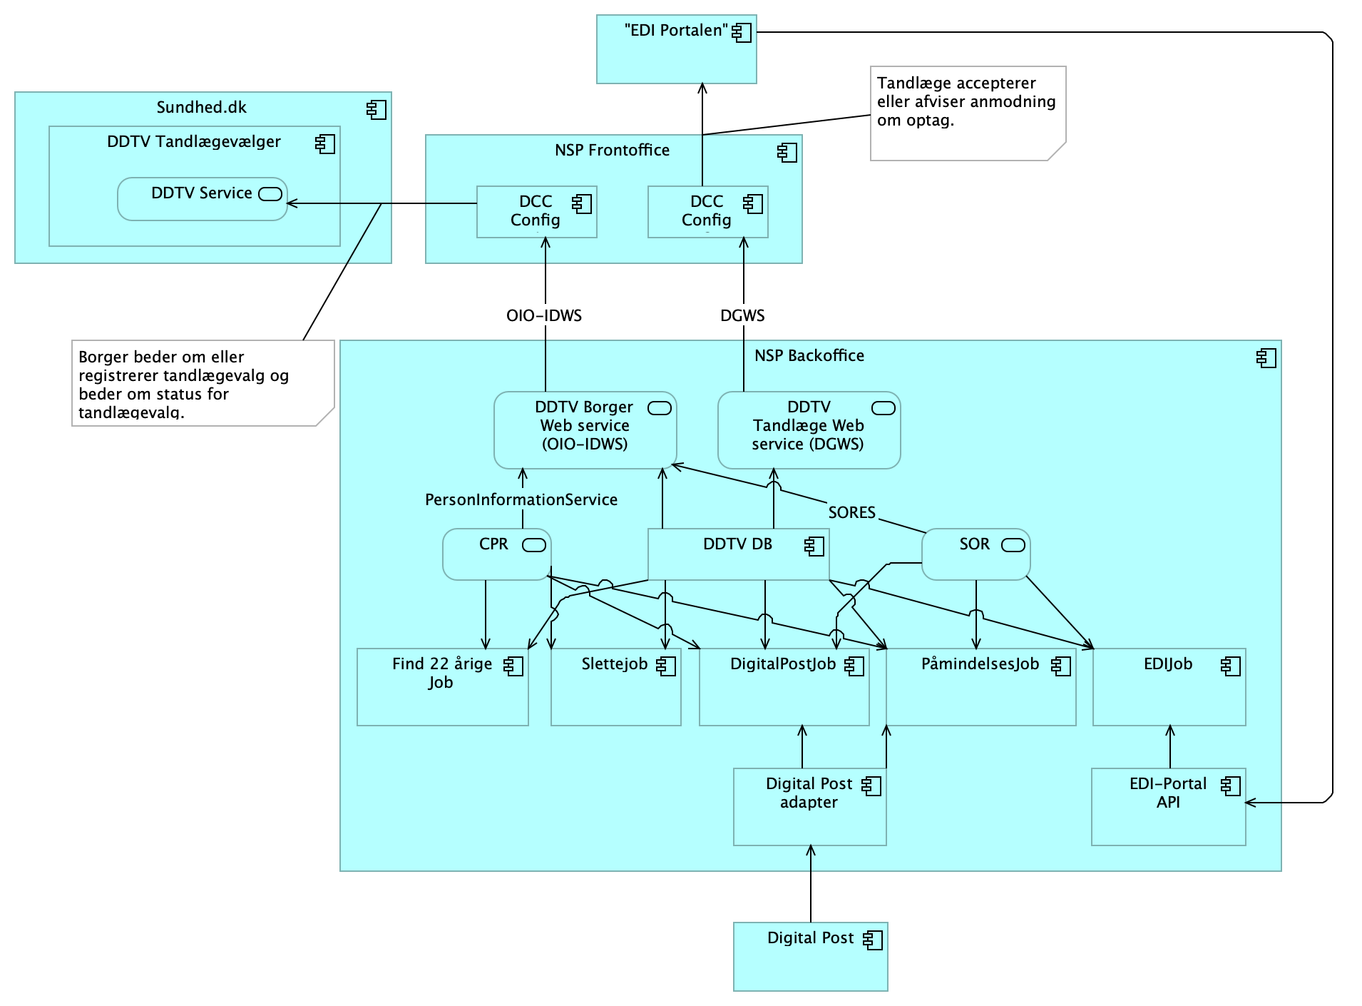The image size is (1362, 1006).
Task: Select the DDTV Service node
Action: [202, 199]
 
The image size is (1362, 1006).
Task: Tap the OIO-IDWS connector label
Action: [544, 315]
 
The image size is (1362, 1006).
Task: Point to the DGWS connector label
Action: [742, 315]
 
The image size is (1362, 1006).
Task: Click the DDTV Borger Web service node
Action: [585, 430]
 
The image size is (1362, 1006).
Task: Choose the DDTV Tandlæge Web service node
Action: [809, 430]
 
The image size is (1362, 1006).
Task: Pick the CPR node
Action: [496, 554]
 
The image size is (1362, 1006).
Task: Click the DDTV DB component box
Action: [738, 554]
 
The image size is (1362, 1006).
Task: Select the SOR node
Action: [976, 554]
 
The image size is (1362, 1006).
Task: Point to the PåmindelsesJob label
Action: [980, 664]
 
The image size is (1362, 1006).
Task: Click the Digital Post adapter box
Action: [809, 806]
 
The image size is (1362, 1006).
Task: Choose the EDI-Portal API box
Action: [1168, 806]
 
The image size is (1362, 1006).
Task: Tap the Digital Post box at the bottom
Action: [810, 956]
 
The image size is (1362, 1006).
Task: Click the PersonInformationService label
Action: [521, 499]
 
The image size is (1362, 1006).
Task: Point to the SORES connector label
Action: [851, 512]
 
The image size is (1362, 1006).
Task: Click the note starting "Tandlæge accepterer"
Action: [967, 113]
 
